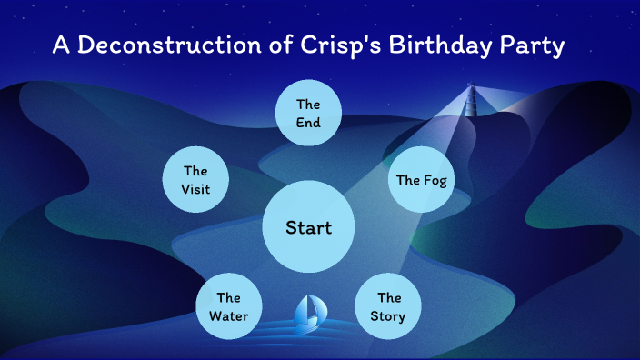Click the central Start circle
pos(308,227)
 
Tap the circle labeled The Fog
pos(421,179)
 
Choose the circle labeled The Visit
pos(195,179)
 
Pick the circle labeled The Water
pos(228,306)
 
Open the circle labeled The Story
pos(388,306)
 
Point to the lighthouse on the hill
pos(471,102)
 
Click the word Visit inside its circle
pos(195,189)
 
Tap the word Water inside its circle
pos(228,316)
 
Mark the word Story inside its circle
pos(388,316)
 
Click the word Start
pos(308,227)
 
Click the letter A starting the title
pos(60,45)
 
